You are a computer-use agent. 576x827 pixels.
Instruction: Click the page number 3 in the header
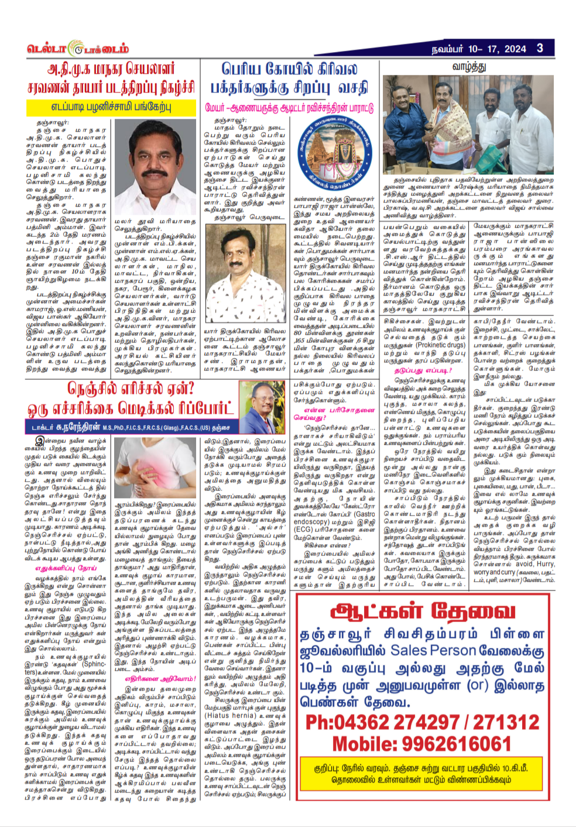pos(539,49)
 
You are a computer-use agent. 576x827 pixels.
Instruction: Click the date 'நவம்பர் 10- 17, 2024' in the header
pos(479,49)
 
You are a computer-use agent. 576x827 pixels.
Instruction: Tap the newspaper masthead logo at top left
pos(77,49)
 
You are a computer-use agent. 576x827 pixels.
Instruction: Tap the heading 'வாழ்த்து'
pos(468,67)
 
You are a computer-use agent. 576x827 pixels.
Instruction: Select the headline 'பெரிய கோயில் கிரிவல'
pos(289,70)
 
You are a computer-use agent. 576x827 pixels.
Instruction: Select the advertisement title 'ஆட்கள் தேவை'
pos(423,612)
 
